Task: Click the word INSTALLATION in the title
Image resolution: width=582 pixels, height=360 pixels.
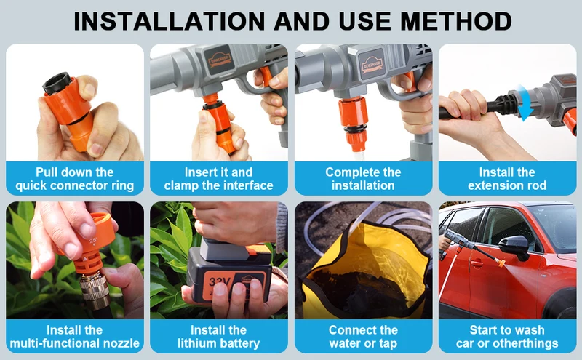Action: point(170,21)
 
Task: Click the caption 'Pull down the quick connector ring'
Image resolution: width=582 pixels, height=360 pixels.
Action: point(75,178)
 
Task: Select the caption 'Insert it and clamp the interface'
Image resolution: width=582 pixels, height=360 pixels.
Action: point(219,178)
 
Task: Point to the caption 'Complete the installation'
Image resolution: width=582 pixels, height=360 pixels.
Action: point(363,178)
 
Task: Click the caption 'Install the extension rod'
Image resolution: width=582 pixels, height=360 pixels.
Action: point(507,178)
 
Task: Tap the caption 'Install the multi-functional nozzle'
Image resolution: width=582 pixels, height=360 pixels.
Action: point(75,337)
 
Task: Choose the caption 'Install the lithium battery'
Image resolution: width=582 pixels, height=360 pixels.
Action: point(219,337)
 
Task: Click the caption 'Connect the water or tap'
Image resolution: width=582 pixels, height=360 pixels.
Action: point(363,337)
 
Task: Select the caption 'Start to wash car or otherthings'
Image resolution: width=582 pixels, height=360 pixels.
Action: point(507,337)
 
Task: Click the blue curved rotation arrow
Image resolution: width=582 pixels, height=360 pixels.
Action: point(525,102)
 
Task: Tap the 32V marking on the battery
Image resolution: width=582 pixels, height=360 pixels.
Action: point(219,282)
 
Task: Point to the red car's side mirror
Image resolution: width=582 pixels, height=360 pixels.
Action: point(514,247)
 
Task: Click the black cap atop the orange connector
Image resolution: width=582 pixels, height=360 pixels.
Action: point(57,83)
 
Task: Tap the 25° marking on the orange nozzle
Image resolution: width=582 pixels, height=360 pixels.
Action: point(92,241)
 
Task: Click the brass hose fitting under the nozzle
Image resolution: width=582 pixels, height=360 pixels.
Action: point(95,289)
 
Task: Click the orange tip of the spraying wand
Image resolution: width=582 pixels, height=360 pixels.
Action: point(501,263)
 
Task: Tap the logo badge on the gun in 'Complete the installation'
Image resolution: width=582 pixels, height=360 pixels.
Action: point(371,64)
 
